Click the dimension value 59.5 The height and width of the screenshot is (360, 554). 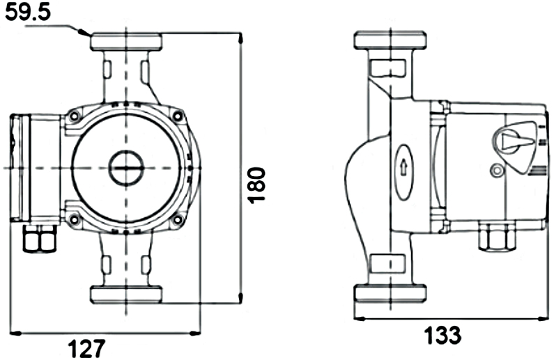click(x=29, y=13)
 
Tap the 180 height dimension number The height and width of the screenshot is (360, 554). click(x=257, y=185)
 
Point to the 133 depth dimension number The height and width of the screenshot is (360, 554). click(x=443, y=335)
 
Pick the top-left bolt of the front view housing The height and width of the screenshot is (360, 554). click(x=74, y=116)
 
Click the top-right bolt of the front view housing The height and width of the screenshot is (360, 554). click(x=178, y=116)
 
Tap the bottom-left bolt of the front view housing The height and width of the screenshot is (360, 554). click(x=74, y=220)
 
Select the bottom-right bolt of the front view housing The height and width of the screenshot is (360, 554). click(x=178, y=220)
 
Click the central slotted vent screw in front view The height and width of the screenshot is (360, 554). click(x=126, y=168)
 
